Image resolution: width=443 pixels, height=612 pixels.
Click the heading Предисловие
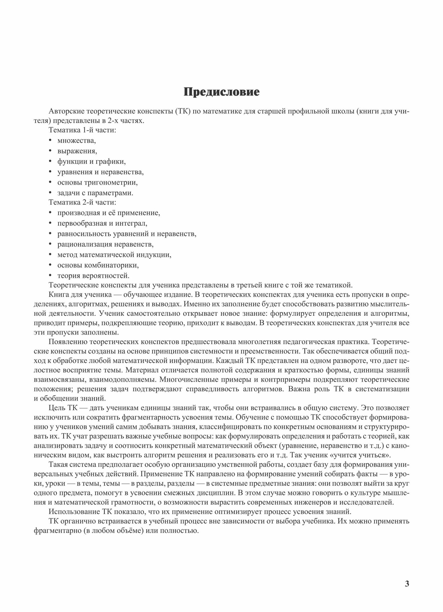pos(221,92)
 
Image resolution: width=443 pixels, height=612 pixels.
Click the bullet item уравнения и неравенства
pos(100,172)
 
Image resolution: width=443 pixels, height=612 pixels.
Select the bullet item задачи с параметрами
pos(95,193)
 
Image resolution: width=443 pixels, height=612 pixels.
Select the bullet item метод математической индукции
pos(114,255)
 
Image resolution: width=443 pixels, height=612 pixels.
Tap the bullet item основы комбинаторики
pos(98,265)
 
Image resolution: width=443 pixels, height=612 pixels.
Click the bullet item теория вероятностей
pos(93,276)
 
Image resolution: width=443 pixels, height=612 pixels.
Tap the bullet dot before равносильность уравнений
pos(50,234)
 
